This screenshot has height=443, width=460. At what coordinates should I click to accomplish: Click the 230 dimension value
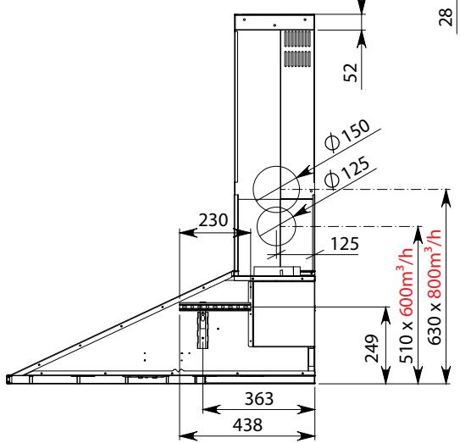coord(213,220)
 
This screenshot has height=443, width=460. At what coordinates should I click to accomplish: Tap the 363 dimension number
coord(259,399)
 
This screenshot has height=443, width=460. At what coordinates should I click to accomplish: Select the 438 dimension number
coord(247,425)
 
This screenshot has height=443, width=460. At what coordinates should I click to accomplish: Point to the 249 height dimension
coord(371,348)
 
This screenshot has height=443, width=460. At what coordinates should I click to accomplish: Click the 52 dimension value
coord(351,72)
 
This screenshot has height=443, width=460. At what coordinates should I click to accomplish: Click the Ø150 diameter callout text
coord(347,136)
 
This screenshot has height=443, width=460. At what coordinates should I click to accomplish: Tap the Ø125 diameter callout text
coord(346,173)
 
